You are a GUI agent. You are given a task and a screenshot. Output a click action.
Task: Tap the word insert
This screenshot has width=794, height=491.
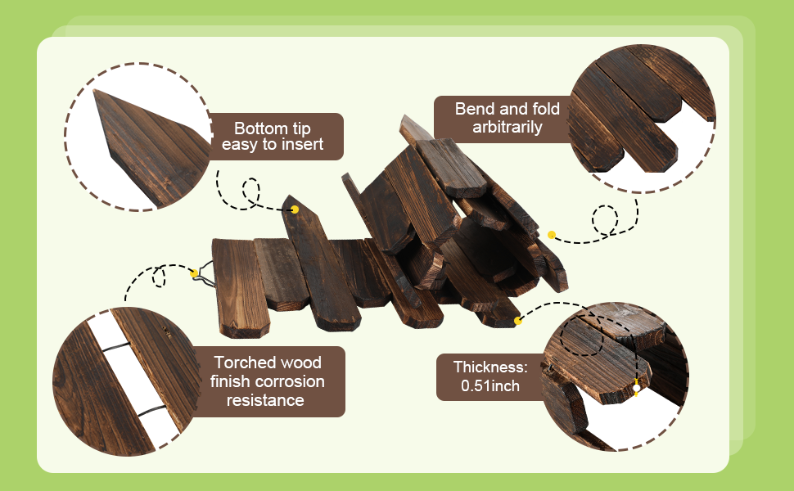[x=304, y=146]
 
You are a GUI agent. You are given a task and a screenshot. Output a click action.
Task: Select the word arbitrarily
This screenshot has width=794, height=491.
[x=508, y=128]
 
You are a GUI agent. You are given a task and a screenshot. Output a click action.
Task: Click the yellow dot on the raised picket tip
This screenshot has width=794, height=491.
[x=295, y=209]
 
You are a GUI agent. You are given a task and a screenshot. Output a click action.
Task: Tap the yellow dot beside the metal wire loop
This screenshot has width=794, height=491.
[x=196, y=272]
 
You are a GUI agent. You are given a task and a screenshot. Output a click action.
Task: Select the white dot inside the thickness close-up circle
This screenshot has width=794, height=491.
[x=636, y=388]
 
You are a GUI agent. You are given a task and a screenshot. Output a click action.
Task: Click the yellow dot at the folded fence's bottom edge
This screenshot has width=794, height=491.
[x=517, y=322]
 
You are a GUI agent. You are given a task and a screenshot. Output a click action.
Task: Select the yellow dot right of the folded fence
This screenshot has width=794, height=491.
[x=552, y=235]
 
